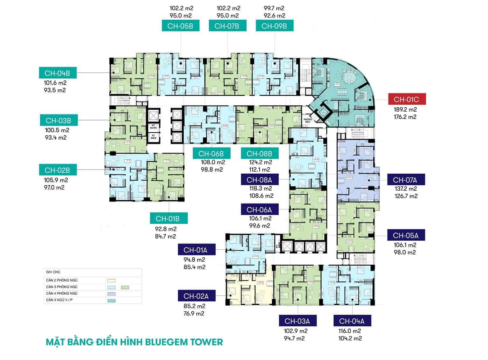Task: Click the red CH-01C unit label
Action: point(407,100)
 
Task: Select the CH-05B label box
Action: point(180,26)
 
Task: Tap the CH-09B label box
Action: point(274,26)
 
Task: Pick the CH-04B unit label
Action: point(58,73)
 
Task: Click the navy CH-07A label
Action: point(405,180)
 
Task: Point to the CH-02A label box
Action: point(196,296)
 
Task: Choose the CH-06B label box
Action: point(211,154)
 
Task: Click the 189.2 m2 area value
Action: point(405,109)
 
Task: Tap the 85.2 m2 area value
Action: point(194,306)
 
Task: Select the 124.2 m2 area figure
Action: point(261,162)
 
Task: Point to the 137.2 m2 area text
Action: point(406,189)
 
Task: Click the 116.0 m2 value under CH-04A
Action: point(350,331)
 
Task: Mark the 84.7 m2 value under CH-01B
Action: point(165,236)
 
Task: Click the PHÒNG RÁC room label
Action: point(308,121)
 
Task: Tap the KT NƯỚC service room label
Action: point(153,127)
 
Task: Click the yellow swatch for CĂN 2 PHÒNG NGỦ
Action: point(112,280)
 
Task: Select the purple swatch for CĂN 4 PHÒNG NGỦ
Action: point(112,294)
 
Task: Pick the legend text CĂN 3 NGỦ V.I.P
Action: point(59,300)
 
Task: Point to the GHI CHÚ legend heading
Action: point(53,272)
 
